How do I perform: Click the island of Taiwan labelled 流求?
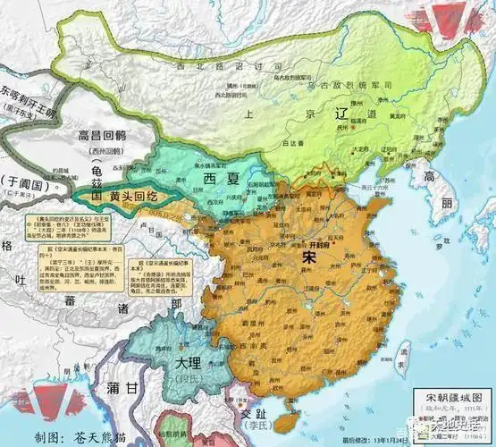coord(402,353)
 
